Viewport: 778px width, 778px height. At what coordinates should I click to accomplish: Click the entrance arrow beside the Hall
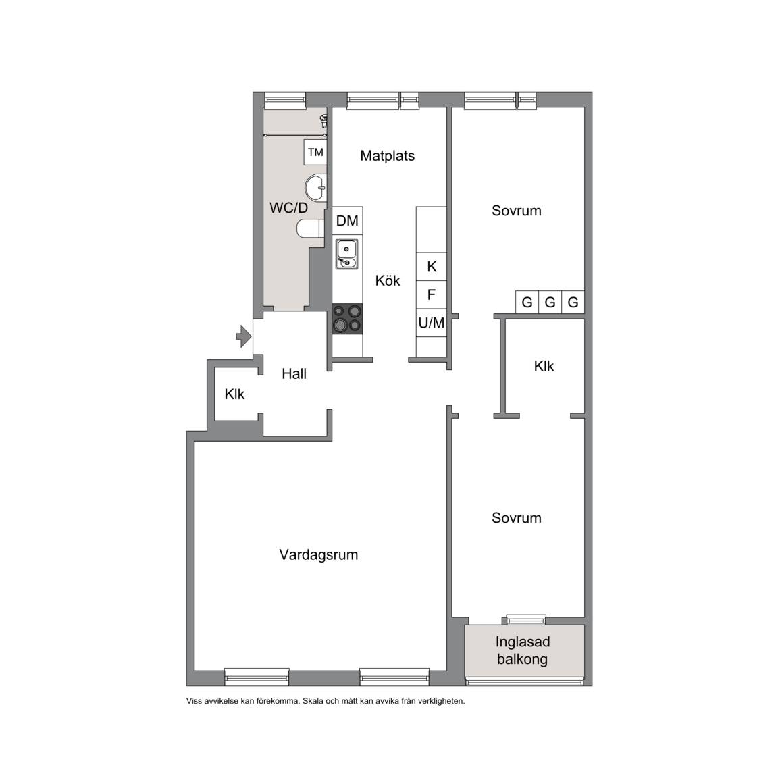[244, 336]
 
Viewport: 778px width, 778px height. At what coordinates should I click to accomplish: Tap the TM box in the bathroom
[315, 153]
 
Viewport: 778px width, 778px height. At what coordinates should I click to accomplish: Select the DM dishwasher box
[347, 221]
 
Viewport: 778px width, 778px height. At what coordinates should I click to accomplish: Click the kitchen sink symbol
[347, 254]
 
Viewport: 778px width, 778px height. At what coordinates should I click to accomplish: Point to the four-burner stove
[347, 319]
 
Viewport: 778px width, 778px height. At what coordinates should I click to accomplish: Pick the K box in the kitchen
[431, 267]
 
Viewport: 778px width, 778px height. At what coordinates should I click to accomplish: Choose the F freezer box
[431, 294]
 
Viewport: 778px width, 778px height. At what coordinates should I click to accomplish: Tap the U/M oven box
[431, 323]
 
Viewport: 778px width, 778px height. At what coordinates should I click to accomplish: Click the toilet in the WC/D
[310, 229]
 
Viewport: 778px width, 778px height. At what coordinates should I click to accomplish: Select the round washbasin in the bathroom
[316, 188]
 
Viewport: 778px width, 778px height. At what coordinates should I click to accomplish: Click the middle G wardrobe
[550, 302]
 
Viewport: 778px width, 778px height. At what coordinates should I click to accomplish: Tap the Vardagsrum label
[319, 554]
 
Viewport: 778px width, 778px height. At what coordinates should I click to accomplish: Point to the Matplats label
[388, 156]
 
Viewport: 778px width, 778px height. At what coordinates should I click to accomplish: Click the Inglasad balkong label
[523, 650]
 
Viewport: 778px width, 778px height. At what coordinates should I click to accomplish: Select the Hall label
[294, 373]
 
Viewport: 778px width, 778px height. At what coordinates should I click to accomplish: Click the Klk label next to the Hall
[235, 394]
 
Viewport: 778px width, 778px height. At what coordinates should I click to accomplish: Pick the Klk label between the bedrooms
[544, 366]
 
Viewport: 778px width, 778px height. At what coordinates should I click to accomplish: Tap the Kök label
[388, 281]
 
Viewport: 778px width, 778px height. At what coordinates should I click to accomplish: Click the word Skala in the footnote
[313, 701]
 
